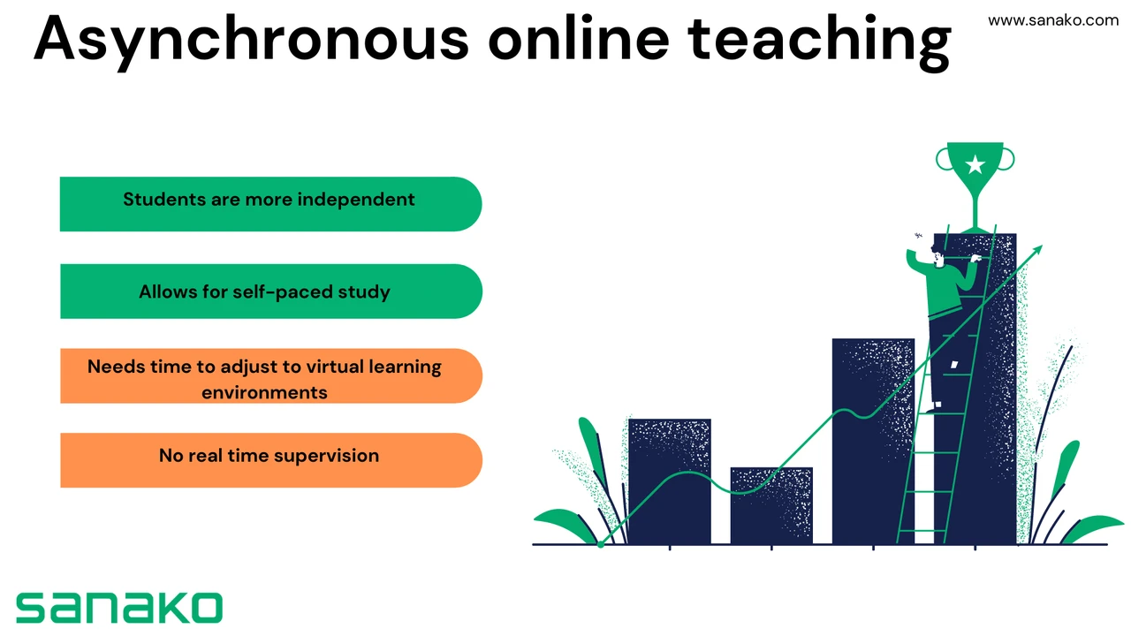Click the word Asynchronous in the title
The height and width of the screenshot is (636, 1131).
(x=252, y=41)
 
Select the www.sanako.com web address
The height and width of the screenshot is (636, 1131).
(x=1052, y=20)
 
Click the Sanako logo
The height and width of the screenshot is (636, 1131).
(x=119, y=608)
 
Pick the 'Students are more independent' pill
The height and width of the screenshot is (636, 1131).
(x=270, y=204)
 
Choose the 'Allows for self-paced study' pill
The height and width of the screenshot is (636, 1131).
(x=270, y=291)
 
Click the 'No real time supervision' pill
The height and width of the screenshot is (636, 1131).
(x=270, y=460)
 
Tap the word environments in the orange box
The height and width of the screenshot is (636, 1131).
(x=264, y=393)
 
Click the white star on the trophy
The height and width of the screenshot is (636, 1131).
(x=975, y=164)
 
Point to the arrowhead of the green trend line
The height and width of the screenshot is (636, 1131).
(x=1037, y=250)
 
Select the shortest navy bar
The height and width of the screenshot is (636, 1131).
(x=771, y=506)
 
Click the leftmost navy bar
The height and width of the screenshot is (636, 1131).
(x=670, y=481)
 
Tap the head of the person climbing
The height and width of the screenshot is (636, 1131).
(x=937, y=255)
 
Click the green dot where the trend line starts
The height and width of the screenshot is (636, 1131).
(x=601, y=544)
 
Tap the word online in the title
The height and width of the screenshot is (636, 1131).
(x=579, y=38)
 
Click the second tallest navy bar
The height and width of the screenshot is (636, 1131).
(x=873, y=441)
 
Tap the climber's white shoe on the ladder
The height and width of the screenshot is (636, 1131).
(x=937, y=405)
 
